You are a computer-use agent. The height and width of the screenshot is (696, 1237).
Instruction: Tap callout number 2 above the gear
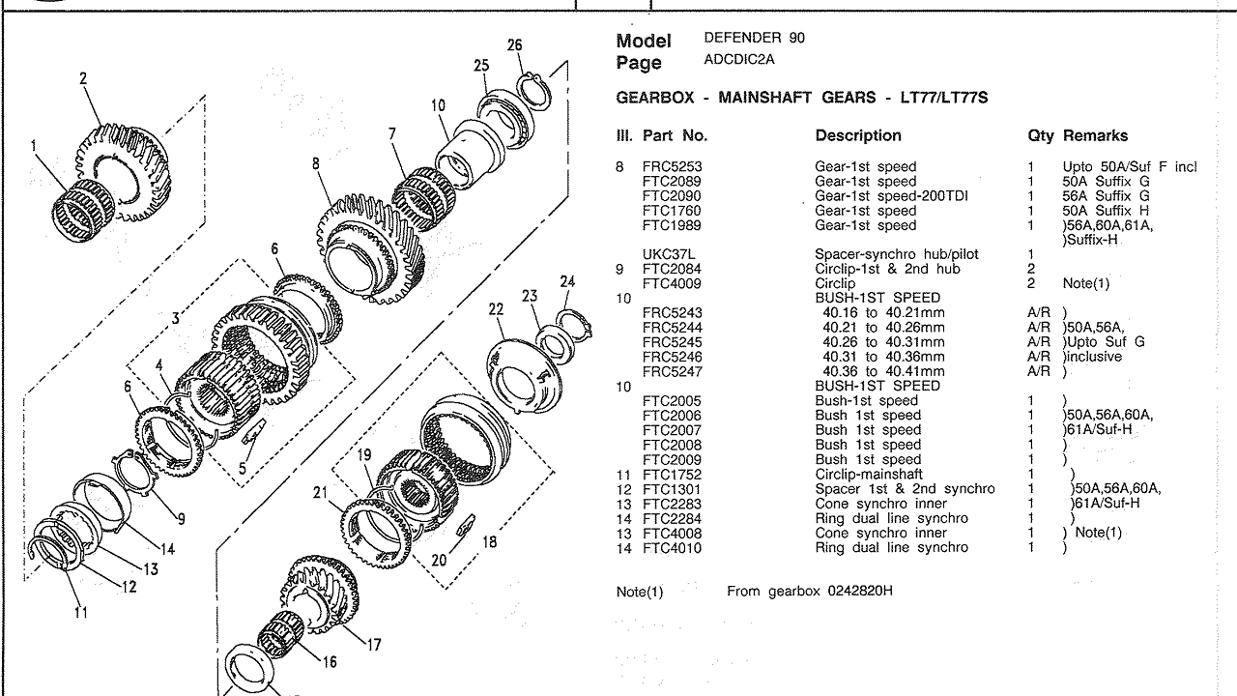[x=83, y=78]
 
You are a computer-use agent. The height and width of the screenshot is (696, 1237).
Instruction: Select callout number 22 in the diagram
[x=496, y=309]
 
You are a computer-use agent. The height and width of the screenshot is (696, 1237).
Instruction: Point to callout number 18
[x=489, y=542]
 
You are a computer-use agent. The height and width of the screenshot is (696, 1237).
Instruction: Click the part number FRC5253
[x=670, y=166]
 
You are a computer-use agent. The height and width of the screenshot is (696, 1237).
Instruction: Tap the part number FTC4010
[x=670, y=548]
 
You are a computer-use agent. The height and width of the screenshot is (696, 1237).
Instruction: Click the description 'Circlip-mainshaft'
[x=869, y=475]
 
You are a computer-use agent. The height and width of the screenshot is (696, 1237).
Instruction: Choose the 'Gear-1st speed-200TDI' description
[x=892, y=196]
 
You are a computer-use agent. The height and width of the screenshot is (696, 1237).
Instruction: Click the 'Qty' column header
[x=1040, y=136]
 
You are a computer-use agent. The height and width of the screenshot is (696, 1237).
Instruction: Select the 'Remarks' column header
[x=1095, y=136]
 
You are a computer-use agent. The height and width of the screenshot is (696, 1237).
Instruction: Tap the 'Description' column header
[x=858, y=136]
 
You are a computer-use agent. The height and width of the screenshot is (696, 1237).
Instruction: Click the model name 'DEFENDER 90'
[x=754, y=38]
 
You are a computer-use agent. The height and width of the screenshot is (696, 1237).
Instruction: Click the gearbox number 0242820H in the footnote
[x=851, y=591]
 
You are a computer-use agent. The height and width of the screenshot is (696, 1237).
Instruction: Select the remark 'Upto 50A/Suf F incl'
[x=1129, y=166]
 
